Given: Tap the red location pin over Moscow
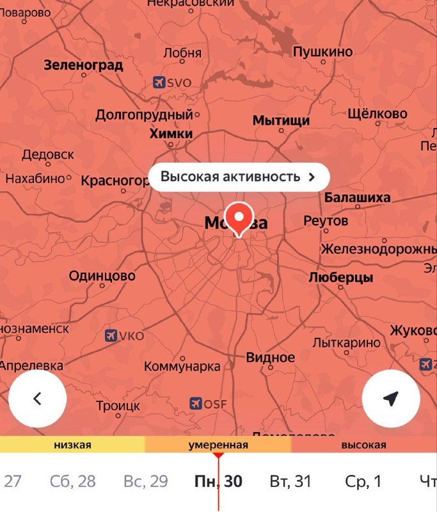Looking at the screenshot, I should click(x=239, y=218).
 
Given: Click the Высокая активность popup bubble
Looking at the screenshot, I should click(x=239, y=177).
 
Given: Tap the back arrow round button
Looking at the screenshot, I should click(x=37, y=398).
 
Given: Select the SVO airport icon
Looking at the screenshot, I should click(x=159, y=82).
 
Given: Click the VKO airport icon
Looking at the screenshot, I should click(x=110, y=335).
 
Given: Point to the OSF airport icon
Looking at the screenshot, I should click(x=196, y=404).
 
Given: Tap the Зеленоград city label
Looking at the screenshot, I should click(x=83, y=65).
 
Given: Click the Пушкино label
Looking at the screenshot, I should click(x=322, y=52).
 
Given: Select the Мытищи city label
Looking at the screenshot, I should click(x=281, y=120).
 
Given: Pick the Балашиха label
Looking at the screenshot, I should click(x=357, y=197).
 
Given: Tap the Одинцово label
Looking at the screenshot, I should click(x=102, y=276).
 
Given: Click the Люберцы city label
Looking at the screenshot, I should click(x=340, y=278).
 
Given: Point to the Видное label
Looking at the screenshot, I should click(x=271, y=357).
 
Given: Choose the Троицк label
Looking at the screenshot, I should click(x=118, y=406).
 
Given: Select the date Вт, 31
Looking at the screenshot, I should click(x=290, y=481).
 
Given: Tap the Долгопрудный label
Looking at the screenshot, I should click(x=144, y=115).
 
